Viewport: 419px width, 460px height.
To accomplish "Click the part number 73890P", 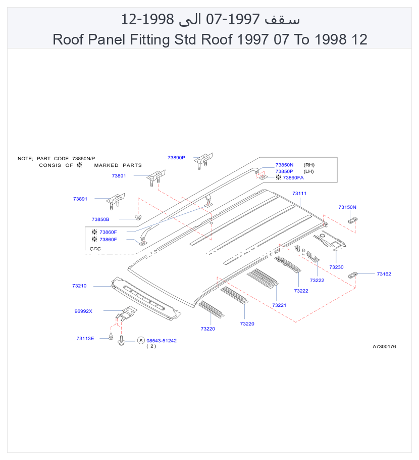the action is point(176,158).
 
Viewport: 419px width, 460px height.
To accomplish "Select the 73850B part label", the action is point(100,219).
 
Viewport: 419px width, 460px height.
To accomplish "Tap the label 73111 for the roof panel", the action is point(299,194).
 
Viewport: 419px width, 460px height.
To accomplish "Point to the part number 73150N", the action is point(347,207).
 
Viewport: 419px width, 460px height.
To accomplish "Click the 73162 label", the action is point(384,274).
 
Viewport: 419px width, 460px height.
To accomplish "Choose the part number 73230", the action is point(336,267).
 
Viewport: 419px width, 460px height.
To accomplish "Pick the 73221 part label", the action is point(279,305).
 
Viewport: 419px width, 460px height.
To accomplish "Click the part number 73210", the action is point(79,286).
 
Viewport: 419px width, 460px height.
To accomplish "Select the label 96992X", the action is point(83,311).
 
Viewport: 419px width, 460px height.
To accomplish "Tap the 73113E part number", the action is point(85,339).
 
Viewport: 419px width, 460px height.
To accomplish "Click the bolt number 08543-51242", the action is point(162,341).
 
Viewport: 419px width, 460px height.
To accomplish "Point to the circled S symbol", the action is point(141,341).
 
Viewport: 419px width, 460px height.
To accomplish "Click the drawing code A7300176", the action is point(384,347).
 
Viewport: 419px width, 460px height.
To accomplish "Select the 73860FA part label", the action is point(293,178).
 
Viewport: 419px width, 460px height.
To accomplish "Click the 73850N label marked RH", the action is point(285,165).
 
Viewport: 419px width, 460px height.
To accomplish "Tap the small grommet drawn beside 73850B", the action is point(138,217).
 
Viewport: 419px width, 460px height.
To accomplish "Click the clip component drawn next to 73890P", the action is point(204,161).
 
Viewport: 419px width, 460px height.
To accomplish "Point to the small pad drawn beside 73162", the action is point(352,275).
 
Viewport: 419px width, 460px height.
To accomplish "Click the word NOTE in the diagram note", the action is point(25,159).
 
